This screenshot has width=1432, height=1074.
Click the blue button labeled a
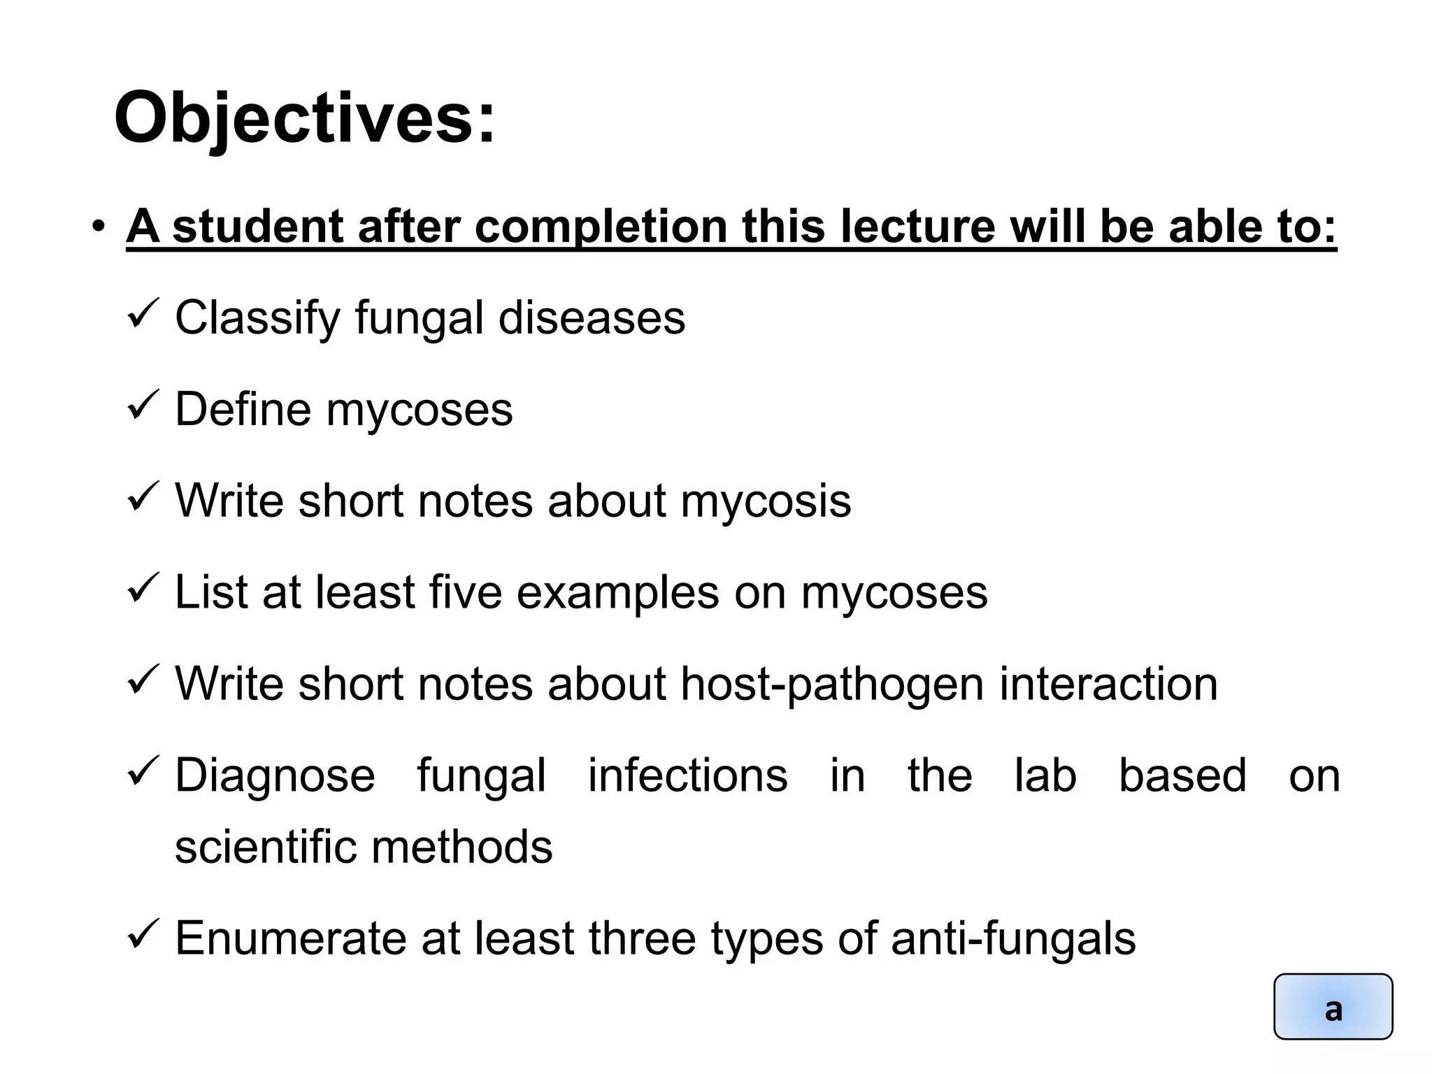[1333, 1007]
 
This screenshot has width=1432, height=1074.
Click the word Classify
[257, 318]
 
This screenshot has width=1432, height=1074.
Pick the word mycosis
[766, 501]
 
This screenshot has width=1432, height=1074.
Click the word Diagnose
[275, 775]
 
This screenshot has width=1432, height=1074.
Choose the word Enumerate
[290, 938]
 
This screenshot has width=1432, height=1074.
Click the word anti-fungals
[1013, 938]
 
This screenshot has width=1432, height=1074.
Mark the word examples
[617, 592]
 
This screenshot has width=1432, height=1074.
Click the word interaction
[1108, 684]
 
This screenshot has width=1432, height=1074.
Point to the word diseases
[592, 318]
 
